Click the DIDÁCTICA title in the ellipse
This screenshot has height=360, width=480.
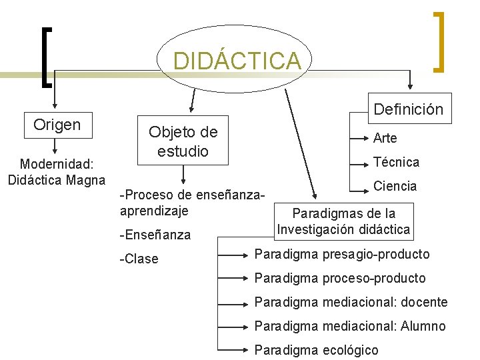[x=237, y=61]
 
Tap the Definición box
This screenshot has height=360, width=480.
[x=408, y=109]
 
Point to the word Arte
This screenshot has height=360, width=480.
[x=385, y=138]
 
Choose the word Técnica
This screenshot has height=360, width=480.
[x=396, y=162]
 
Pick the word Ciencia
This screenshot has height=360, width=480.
[x=395, y=186]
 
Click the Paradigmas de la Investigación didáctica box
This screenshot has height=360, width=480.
[x=343, y=221]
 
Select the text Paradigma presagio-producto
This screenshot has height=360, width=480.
[x=342, y=254]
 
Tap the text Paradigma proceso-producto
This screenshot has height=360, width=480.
[x=340, y=278]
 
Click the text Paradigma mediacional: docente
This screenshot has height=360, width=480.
[x=351, y=302]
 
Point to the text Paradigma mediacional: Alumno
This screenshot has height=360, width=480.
[x=350, y=326]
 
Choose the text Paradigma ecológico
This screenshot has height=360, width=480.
[x=316, y=350]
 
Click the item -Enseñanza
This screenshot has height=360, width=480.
[x=155, y=235]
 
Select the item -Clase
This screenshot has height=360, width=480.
[x=139, y=259]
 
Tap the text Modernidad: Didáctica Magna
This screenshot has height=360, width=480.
[x=57, y=171]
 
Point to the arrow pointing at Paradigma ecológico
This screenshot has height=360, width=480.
[x=235, y=350]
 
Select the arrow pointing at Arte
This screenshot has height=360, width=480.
[x=360, y=135]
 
